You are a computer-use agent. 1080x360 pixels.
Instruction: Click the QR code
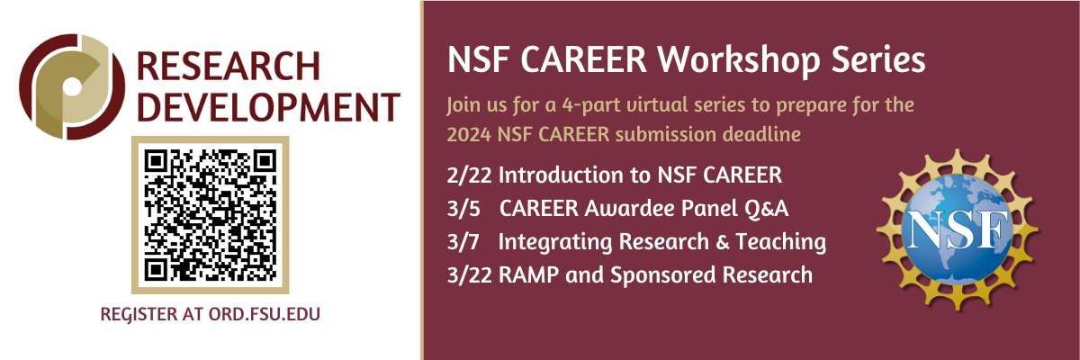tap(210, 213)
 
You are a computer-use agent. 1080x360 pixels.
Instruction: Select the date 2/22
tap(466, 174)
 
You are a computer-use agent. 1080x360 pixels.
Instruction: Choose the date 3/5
tap(461, 208)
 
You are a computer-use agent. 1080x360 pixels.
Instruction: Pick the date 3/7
tap(461, 241)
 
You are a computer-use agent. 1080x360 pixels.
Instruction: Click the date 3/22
tap(466, 274)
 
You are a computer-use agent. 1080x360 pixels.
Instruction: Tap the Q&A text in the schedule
tap(764, 208)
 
